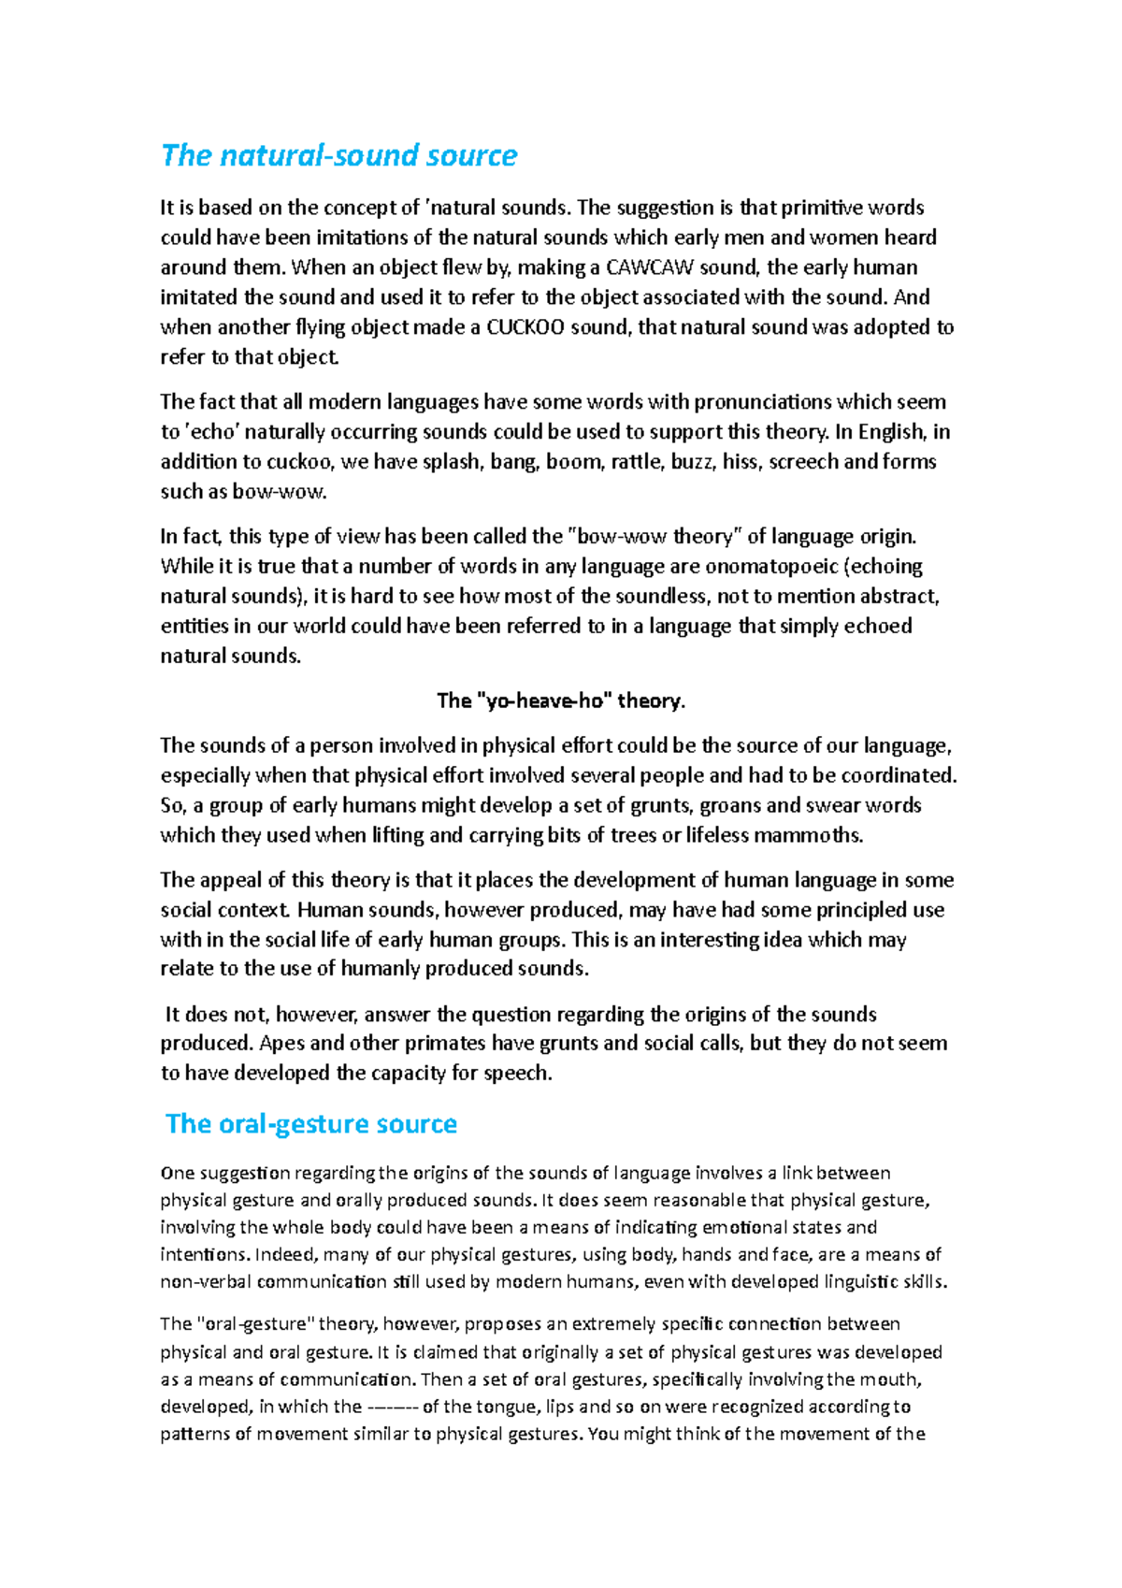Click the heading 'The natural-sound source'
pyautogui.click(x=338, y=155)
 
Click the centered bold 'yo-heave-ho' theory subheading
pyautogui.click(x=561, y=700)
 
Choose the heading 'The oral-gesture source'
pyautogui.click(x=311, y=1124)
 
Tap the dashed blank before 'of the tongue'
pyautogui.click(x=393, y=1407)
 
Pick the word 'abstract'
pyautogui.click(x=898, y=597)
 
